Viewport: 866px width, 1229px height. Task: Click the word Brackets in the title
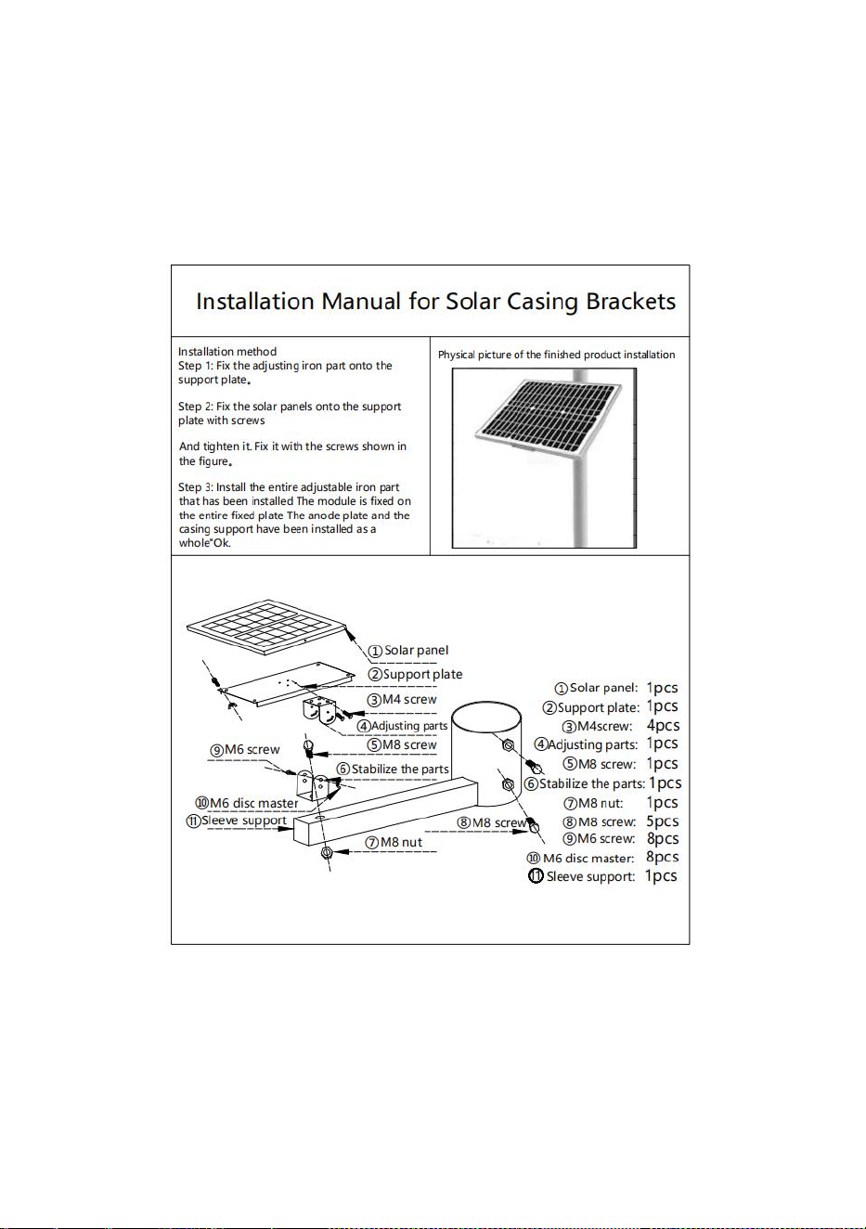[630, 301]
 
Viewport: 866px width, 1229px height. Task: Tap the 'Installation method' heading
[227, 352]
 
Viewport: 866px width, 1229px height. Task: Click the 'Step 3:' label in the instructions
[195, 487]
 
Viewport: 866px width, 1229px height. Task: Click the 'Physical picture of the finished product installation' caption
[557, 355]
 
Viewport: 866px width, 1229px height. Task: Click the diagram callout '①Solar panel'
[407, 651]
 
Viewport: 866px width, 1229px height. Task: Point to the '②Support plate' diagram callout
[415, 674]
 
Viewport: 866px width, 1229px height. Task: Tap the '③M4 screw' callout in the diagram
[402, 700]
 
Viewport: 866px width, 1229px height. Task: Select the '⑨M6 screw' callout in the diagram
[245, 749]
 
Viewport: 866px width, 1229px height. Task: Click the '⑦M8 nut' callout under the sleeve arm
[394, 842]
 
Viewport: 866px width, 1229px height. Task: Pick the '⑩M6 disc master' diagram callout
[247, 803]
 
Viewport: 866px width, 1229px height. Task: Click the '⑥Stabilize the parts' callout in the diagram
[393, 770]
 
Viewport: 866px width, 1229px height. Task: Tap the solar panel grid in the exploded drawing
[267, 627]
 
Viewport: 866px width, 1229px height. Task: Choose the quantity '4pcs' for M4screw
[663, 725]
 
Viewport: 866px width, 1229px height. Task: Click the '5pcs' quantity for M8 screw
[663, 821]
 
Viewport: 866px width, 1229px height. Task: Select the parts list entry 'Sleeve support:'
[582, 876]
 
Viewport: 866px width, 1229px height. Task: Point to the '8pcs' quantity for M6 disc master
[663, 857]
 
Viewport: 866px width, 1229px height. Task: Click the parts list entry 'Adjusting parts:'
[586, 744]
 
